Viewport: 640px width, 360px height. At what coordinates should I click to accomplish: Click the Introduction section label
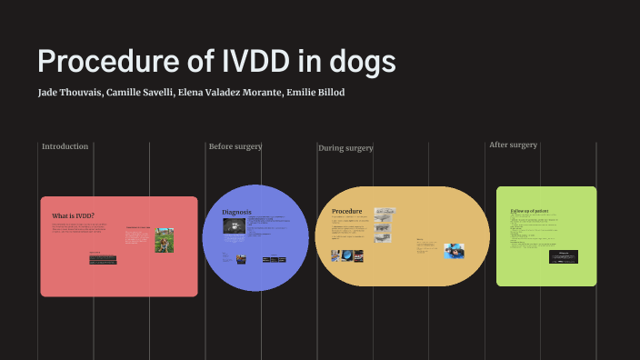coord(65,146)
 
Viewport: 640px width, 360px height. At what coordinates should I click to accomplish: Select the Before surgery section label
coord(235,146)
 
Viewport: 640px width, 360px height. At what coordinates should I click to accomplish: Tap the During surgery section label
coord(345,147)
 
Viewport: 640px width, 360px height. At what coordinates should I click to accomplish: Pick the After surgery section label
coord(513,145)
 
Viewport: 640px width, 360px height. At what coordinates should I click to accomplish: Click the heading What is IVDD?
coord(74,215)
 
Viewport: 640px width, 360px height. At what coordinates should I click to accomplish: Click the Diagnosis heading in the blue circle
coord(236,212)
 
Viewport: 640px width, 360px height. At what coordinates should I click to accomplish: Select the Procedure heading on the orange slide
coord(347,211)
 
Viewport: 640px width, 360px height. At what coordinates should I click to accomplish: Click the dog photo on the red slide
coord(163,240)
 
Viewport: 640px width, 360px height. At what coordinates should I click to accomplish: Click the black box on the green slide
coord(564,256)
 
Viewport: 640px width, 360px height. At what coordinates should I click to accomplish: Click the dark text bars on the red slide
coord(103,259)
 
